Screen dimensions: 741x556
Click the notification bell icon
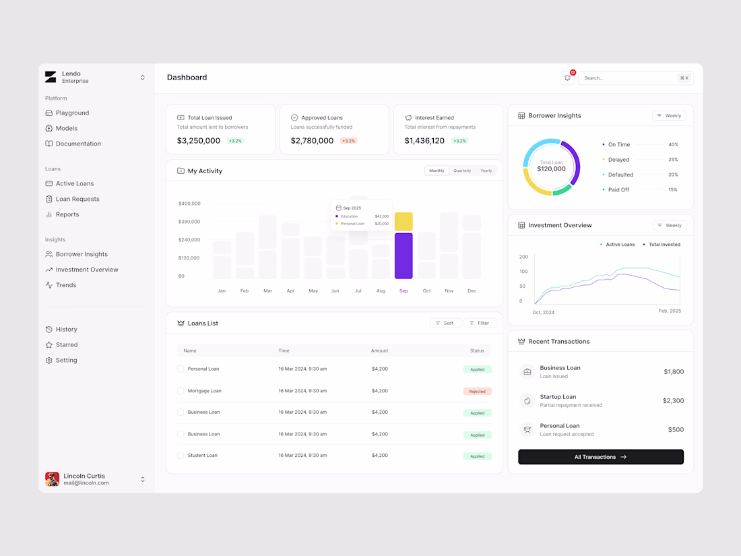[x=567, y=78]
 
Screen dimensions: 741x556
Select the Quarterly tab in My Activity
[x=461, y=171]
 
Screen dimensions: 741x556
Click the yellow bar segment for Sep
[x=404, y=221]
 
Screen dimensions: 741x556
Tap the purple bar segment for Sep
[x=404, y=256]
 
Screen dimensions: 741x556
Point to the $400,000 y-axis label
[x=189, y=204]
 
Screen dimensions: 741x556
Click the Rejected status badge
[x=478, y=392]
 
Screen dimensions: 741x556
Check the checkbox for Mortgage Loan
[x=181, y=391]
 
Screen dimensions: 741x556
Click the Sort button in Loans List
[x=445, y=323]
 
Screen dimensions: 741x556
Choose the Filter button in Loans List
[x=480, y=323]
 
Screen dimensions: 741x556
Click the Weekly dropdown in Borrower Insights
[x=669, y=116]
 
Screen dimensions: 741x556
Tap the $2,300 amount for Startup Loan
[x=673, y=401]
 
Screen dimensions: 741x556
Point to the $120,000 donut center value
[x=551, y=168]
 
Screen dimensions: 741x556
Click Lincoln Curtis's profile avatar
[x=52, y=479]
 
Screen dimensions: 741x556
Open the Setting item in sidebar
[x=61, y=361]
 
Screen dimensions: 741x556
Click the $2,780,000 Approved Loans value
[x=312, y=141]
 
